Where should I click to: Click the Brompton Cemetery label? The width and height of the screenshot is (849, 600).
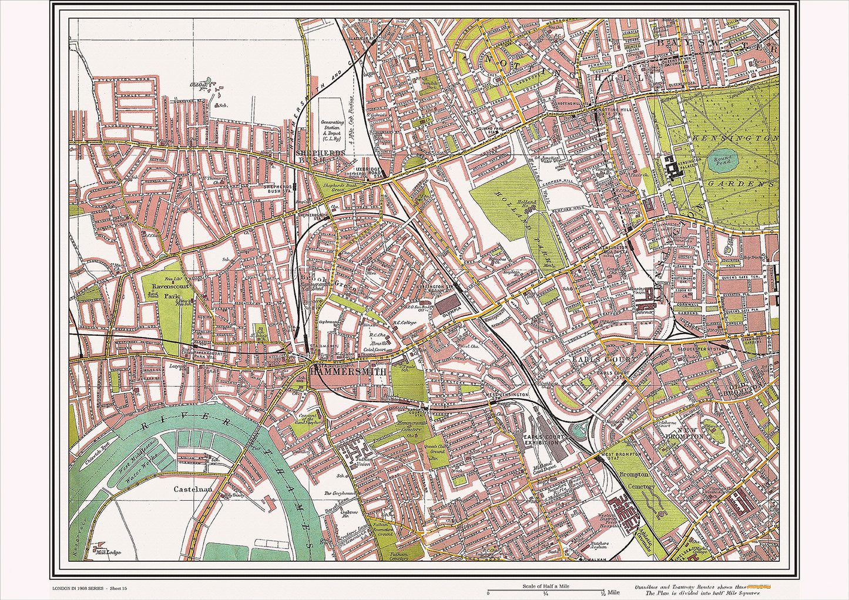636,480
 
